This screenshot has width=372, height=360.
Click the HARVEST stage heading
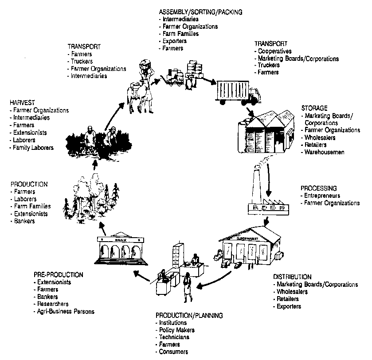22,103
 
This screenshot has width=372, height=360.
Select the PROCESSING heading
318,188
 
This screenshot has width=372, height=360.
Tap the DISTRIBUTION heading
292,277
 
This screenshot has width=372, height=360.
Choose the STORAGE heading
314,108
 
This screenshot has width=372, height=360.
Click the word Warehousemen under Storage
325,152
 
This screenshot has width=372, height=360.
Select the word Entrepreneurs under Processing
322,196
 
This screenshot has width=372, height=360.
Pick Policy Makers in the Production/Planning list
176,330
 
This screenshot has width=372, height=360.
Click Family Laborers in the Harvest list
34,147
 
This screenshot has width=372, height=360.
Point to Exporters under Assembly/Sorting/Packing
175,41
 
